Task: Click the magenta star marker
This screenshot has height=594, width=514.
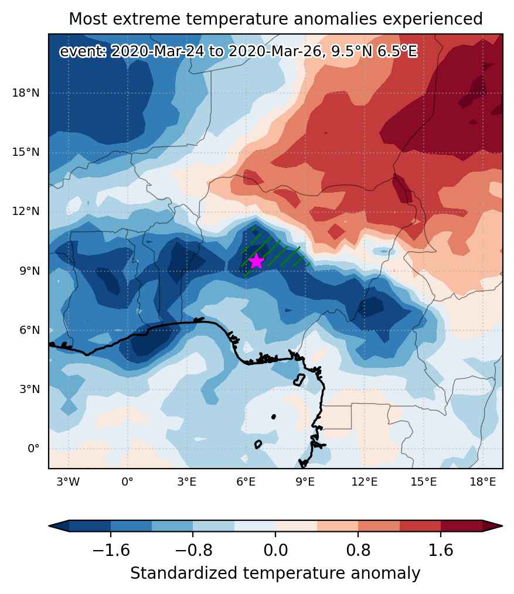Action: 257,261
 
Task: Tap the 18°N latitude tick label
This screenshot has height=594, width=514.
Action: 26,93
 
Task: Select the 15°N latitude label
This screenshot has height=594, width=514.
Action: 26,152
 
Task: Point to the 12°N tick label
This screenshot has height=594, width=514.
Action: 26,211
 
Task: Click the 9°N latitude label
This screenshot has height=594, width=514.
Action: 29,271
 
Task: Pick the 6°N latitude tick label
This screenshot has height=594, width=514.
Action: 29,330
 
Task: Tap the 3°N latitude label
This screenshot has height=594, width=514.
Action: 29,390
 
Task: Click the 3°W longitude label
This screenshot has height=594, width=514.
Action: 68,482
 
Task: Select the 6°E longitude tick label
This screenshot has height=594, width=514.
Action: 246,482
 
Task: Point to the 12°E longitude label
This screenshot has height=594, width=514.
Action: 365,482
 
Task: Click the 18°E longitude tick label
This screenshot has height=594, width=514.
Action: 482,482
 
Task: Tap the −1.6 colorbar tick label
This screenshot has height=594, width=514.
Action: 111,550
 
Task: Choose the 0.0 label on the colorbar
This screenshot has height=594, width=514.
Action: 275,550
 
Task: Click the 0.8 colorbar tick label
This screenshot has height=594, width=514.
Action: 358,550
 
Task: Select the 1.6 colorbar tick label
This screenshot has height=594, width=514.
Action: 441,550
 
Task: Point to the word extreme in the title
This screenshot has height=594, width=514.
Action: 147,19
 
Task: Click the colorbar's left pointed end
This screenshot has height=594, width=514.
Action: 49,526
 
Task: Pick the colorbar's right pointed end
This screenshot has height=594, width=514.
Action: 502,526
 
